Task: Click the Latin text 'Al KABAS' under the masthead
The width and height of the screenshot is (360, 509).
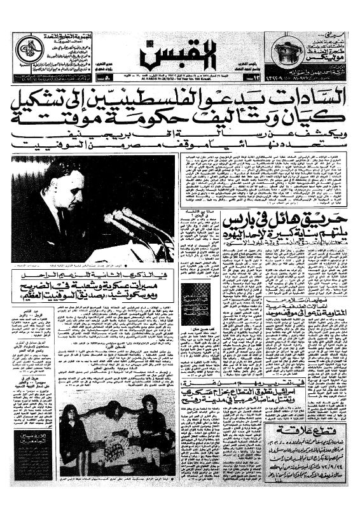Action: (158, 74)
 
